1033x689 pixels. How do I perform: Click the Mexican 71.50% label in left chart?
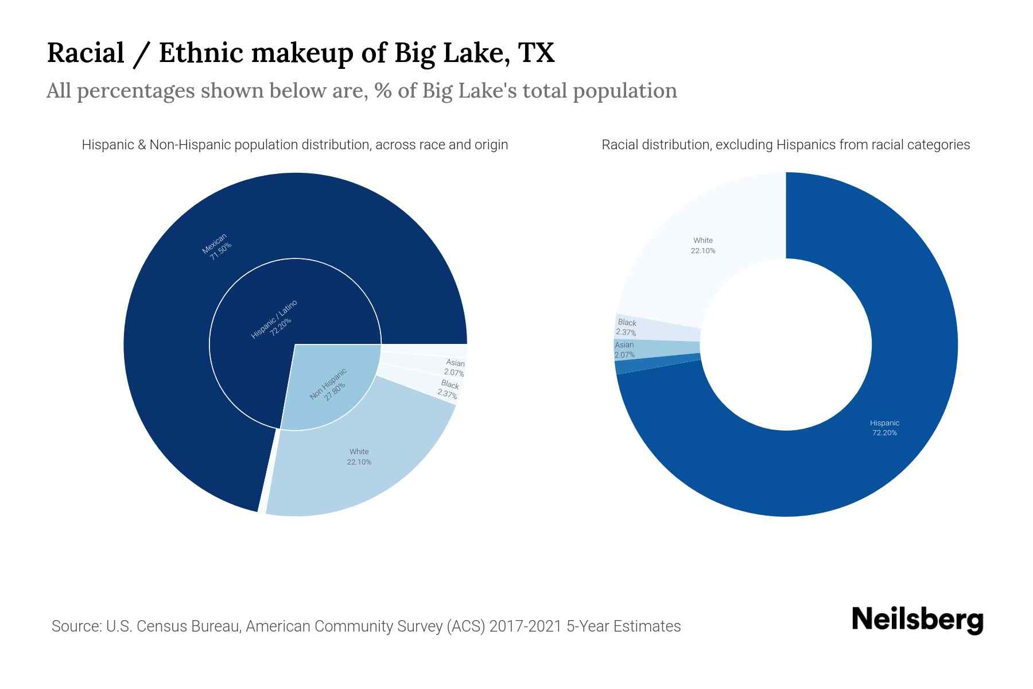217,247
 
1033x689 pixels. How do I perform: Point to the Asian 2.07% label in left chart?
455,367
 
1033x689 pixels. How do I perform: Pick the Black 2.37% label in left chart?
449,389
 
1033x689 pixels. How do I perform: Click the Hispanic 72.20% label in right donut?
884,428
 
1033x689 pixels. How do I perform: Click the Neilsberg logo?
917,620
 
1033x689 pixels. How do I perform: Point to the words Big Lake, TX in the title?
474,53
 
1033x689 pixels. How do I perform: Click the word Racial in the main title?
86,53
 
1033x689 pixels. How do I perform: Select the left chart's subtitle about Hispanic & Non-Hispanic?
295,145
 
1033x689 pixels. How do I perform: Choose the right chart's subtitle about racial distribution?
786,145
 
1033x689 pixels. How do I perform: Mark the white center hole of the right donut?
786,344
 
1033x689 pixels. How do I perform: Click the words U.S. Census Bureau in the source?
172,626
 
